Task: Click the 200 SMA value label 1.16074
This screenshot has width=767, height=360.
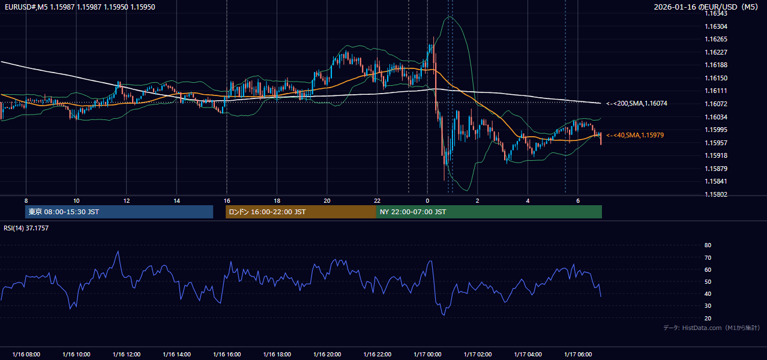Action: coord(637,103)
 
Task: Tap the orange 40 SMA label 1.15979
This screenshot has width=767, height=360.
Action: coord(635,135)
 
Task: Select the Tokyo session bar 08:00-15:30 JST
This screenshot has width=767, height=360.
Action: coord(119,212)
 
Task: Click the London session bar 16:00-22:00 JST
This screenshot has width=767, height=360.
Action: coord(301,212)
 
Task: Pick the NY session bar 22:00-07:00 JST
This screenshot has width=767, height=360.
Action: coord(489,212)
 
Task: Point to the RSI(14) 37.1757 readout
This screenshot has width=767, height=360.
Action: coord(26,228)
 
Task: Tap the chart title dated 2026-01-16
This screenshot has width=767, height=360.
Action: coord(706,7)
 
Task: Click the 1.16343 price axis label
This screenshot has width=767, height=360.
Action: coord(716,13)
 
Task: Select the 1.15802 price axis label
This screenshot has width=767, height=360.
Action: coord(716,194)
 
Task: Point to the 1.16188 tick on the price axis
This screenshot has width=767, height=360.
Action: coord(716,65)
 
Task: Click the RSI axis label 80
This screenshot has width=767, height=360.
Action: coord(708,245)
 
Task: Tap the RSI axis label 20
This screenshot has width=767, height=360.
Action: coord(708,318)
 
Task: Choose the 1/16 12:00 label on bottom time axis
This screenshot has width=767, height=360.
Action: coord(127,355)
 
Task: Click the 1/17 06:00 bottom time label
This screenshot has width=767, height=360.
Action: coord(578,355)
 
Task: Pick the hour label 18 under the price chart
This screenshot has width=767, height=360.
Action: coord(277,201)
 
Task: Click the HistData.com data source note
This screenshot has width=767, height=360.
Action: coord(711,328)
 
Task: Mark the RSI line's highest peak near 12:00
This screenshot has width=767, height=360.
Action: coord(118,251)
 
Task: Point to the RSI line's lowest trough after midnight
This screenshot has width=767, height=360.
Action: coord(444,315)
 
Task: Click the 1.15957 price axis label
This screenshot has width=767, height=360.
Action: coord(716,143)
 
